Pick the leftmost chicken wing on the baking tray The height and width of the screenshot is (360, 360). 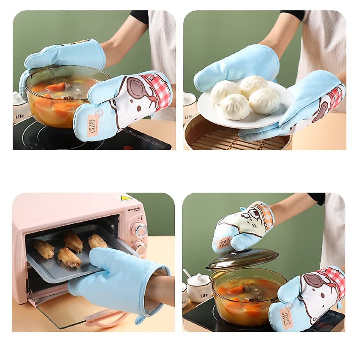44,249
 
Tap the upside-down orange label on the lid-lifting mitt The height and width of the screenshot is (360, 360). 223,241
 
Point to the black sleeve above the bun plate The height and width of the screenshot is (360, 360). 292,15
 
